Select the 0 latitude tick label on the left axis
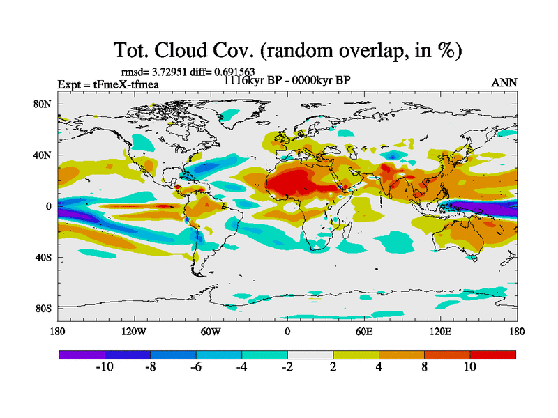point(50,206)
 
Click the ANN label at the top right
point(504,82)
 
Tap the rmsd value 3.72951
point(167,71)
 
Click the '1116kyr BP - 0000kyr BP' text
point(287,80)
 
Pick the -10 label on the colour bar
point(104,367)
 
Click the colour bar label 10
point(469,367)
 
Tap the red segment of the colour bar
point(492,355)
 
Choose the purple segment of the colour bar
point(82,355)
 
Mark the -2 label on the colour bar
point(287,367)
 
